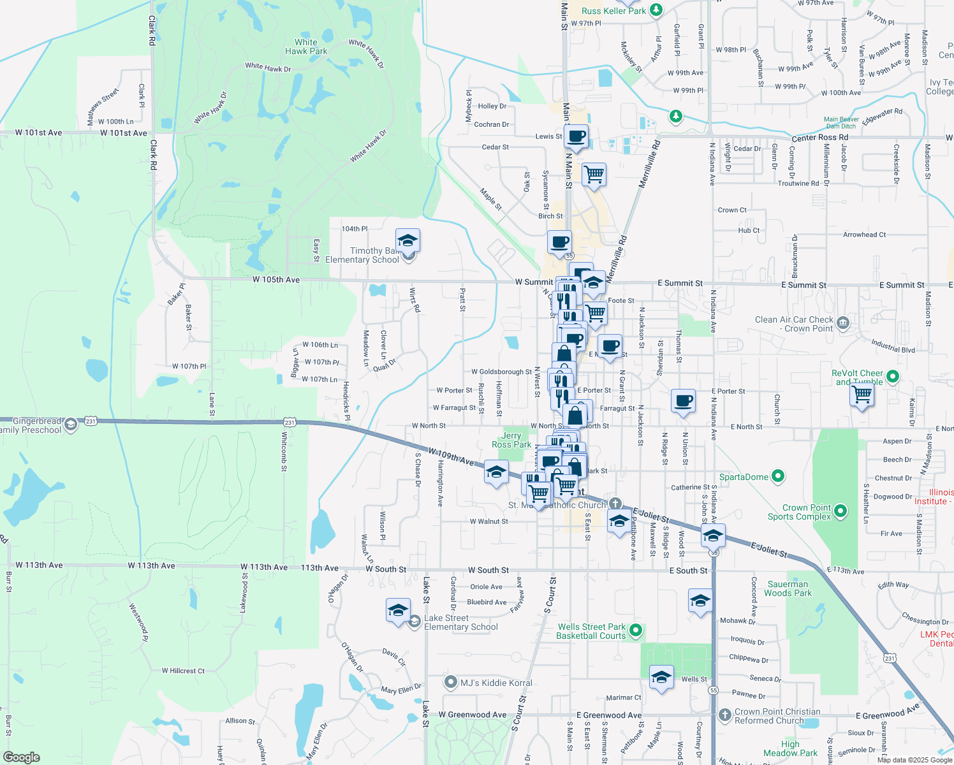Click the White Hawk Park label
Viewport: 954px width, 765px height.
click(306, 47)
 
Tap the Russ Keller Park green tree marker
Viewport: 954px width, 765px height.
click(657, 10)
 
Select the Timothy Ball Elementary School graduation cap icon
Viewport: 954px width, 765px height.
click(407, 241)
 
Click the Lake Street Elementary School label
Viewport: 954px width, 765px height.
click(460, 622)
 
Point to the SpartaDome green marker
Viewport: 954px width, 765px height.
click(777, 476)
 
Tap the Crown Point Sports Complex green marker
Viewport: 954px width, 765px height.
click(840, 511)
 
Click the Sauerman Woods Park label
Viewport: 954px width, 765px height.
click(788, 588)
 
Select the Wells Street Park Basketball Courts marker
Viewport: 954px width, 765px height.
click(635, 630)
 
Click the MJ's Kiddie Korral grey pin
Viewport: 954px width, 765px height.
click(451, 683)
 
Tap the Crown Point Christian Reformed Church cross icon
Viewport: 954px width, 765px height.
click(724, 715)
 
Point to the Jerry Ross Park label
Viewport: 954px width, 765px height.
click(511, 440)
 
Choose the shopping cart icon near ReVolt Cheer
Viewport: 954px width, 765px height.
click(862, 395)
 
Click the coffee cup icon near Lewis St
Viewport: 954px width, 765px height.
click(576, 136)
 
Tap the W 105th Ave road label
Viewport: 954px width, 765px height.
click(275, 280)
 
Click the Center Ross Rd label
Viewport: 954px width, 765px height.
click(819, 138)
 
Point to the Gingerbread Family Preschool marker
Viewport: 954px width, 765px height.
click(71, 424)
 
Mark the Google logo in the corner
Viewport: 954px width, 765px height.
click(22, 757)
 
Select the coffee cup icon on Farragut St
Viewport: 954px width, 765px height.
click(683, 402)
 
